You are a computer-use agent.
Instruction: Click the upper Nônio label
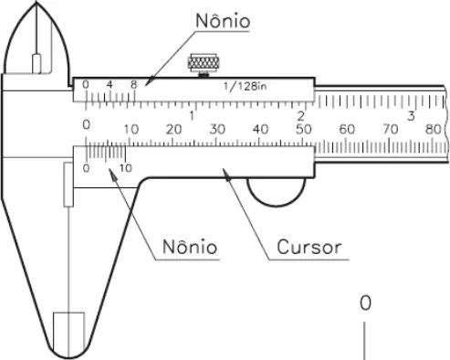pos(223,20)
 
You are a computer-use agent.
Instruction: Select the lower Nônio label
pos(190,247)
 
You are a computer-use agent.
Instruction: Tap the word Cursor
pos(309,247)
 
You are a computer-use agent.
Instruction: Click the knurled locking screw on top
pos(204,64)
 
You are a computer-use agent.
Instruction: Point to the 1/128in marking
pos(245,87)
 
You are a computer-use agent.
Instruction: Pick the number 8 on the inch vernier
pos(133,85)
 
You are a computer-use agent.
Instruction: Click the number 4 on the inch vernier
pos(110,84)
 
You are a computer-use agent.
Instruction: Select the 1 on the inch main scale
pos(192,116)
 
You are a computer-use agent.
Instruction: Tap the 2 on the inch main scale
pos(300,116)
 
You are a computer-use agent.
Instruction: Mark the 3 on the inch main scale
pos(411,116)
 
